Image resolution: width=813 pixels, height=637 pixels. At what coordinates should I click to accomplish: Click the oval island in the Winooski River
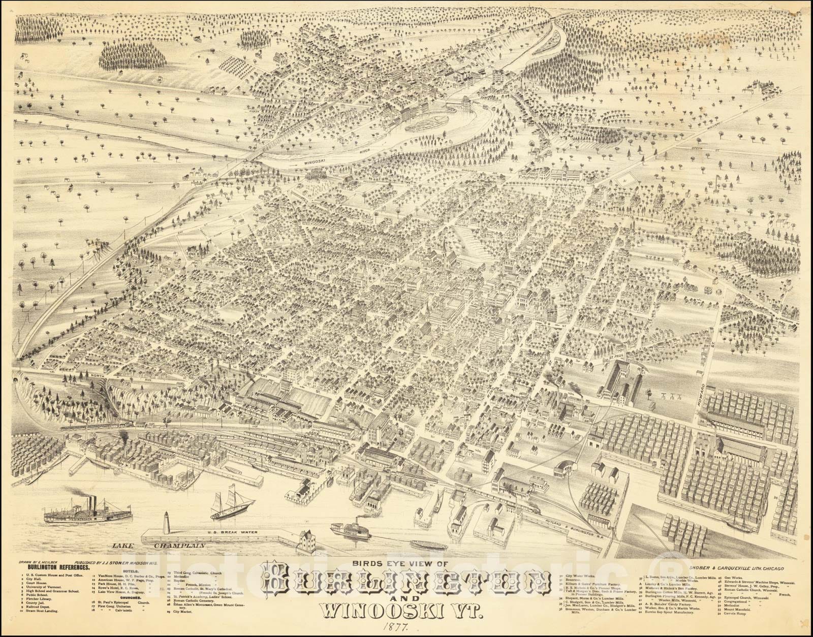pos(426,121)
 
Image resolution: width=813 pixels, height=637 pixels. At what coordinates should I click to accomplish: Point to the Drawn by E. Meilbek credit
pos(36,562)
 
